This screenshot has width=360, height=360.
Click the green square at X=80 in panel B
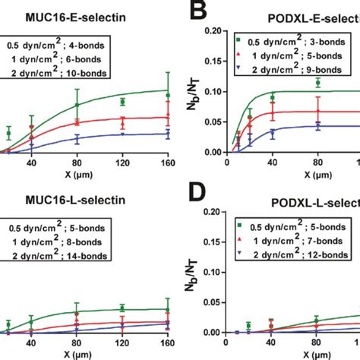point(317,83)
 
